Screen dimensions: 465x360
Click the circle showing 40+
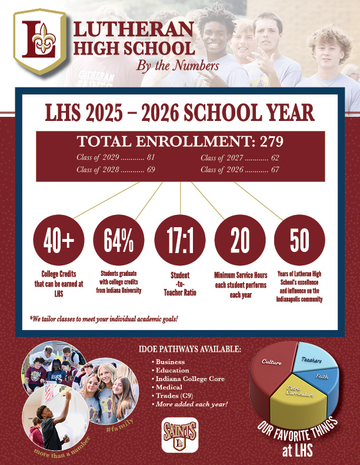(x=59, y=241)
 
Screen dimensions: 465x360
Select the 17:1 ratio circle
(x=179, y=241)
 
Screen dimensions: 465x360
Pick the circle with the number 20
(x=239, y=241)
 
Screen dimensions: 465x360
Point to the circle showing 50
(x=299, y=241)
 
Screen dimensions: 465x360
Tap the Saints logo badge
(x=179, y=435)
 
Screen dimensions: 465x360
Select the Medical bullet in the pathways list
(x=169, y=387)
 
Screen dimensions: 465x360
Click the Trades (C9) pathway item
(x=174, y=396)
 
